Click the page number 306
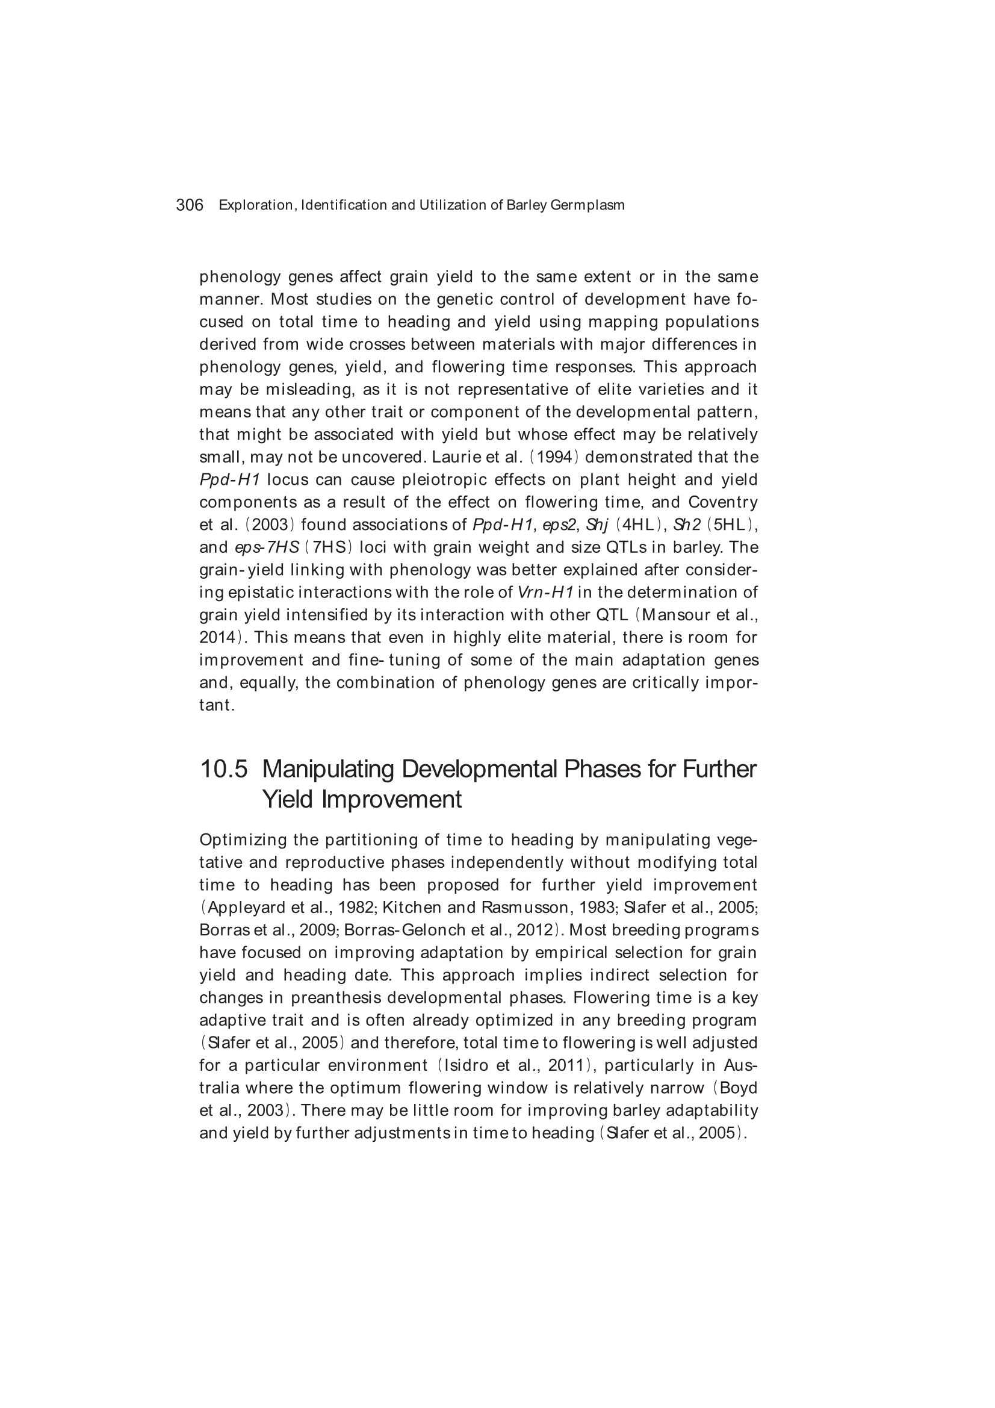[190, 205]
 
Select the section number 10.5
[224, 769]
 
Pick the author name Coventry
[723, 502]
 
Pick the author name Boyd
[739, 1088]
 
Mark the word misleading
[315, 390]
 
